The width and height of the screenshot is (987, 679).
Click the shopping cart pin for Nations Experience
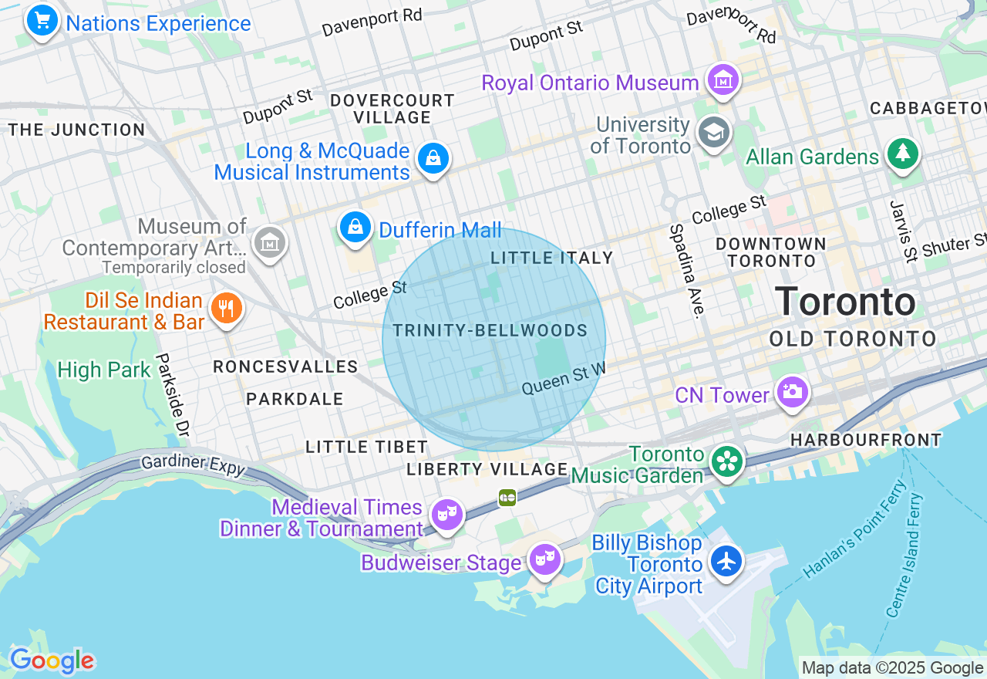coord(42,20)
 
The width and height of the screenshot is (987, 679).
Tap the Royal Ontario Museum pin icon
coord(724,79)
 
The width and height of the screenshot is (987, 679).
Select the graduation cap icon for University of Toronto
coord(713,133)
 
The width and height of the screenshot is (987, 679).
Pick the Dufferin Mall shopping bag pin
coord(355,227)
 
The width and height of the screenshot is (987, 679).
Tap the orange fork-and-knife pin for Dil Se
coord(226,309)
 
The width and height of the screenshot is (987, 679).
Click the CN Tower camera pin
coord(792,391)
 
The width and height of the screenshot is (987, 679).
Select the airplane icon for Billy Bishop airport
coord(726,561)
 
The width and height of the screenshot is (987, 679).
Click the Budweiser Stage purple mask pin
coord(544,559)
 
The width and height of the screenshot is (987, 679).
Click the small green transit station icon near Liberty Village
coord(507,498)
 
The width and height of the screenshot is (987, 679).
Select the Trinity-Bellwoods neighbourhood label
coord(490,331)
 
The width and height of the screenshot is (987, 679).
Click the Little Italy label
coord(552,258)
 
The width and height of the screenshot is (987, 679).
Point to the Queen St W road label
coord(563,380)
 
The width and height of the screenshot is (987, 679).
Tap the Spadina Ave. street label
coord(686,271)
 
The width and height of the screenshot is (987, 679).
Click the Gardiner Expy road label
coord(193,464)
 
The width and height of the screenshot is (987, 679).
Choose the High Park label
coord(104,370)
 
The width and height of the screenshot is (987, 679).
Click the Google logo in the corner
coord(52,660)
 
